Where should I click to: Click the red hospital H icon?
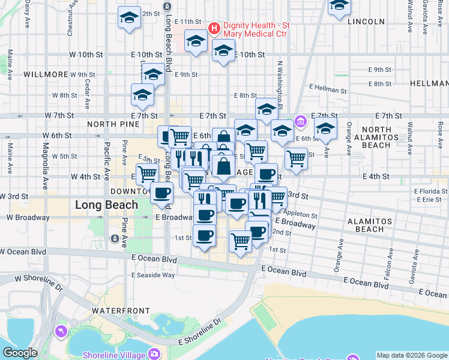tap(212, 27)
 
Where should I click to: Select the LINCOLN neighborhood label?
tap(366, 22)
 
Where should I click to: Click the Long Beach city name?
tap(106, 205)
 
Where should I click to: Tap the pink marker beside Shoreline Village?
tap(155, 353)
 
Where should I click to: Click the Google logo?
tap(20, 353)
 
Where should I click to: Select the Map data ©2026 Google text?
tap(411, 355)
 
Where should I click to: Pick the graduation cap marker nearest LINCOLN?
tap(340, 5)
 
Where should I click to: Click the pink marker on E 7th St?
tap(301, 122)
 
